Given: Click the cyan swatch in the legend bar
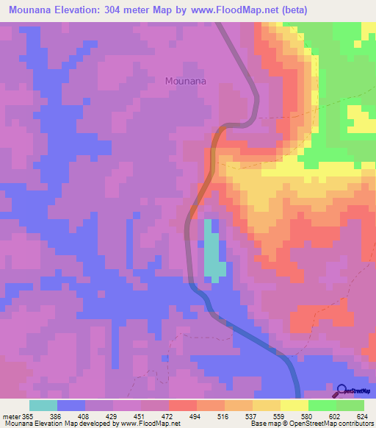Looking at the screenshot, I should click(x=43, y=405).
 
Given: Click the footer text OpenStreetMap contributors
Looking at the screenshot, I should click(x=334, y=424).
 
